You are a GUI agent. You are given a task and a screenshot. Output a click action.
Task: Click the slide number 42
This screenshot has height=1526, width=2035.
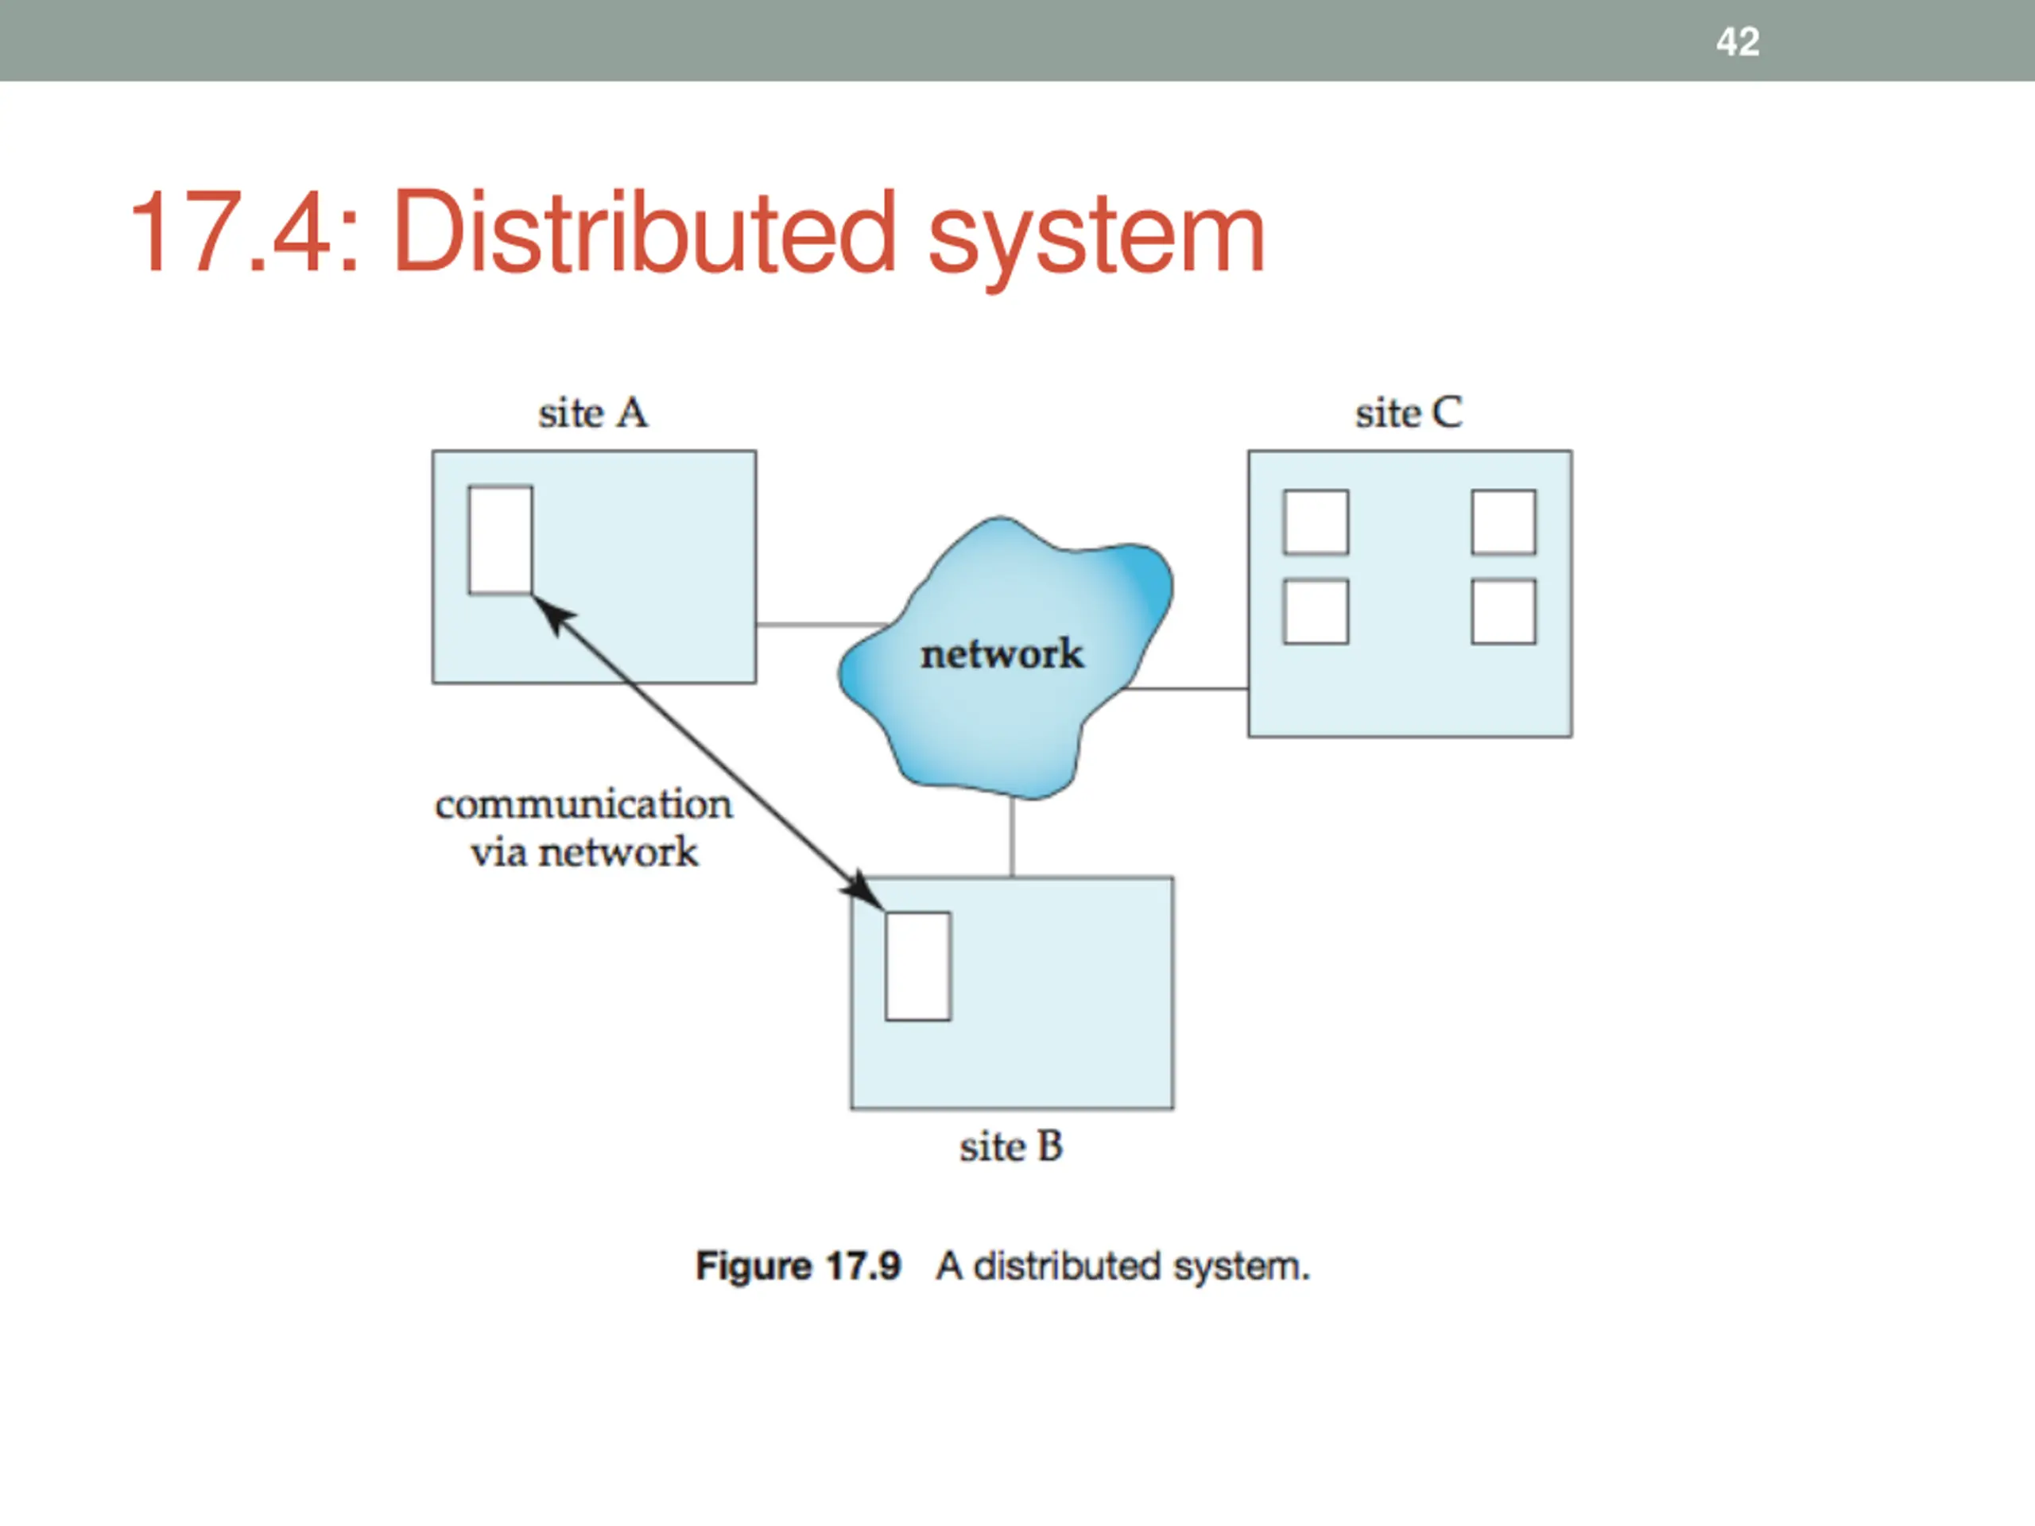coord(1737,42)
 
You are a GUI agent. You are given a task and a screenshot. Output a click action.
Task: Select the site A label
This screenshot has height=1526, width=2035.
coord(593,413)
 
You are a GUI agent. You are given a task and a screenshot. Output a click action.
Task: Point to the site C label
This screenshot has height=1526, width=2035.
coord(1409,413)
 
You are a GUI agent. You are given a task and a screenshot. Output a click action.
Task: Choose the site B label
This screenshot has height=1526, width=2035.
coord(1011,1147)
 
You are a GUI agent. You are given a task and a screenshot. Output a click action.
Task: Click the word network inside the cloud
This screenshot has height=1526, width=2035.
coord(1002,654)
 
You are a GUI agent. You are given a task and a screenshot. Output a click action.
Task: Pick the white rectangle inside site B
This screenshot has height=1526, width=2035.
coord(917,966)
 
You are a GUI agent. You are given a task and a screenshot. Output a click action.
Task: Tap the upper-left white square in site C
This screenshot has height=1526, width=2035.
coord(1316,522)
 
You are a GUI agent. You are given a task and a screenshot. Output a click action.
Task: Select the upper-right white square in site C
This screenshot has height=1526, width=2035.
coord(1503,522)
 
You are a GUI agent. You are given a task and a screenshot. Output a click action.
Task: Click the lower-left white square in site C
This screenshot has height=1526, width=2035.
coord(1316,610)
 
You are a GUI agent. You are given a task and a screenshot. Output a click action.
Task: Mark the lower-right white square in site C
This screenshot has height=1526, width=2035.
coord(1503,610)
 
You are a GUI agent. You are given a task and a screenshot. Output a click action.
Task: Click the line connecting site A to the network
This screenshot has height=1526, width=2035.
coord(819,625)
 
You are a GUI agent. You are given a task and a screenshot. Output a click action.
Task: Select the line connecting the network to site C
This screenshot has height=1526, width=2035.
coord(1187,688)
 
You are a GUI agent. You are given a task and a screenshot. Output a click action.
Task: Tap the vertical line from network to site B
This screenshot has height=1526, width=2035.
coord(1012,837)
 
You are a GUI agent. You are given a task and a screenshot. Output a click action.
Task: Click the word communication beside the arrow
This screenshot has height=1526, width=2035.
coord(583,805)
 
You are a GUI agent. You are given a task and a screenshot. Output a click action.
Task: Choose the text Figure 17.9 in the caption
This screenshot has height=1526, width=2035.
coord(797,1267)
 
